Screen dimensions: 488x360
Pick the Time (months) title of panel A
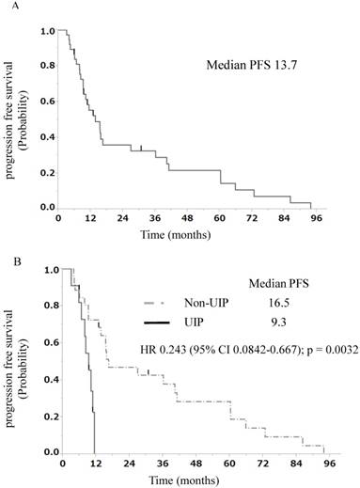tap(183, 231)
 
